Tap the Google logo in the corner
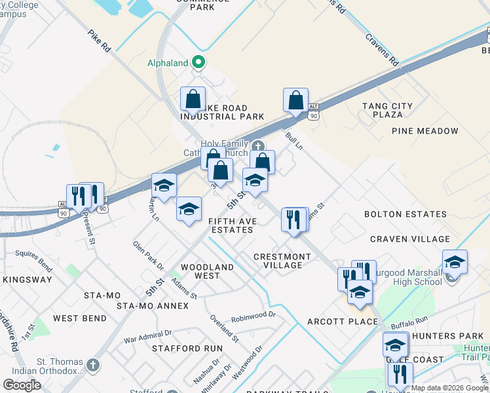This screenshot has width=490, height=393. pyautogui.click(x=22, y=385)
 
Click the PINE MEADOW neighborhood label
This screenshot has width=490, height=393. pyautogui.click(x=425, y=131)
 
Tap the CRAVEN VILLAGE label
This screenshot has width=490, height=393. pyautogui.click(x=410, y=239)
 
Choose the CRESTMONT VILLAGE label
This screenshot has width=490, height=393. pyautogui.click(x=282, y=261)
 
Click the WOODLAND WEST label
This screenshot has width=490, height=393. pyautogui.click(x=207, y=271)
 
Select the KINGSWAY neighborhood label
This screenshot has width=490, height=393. pyautogui.click(x=27, y=280)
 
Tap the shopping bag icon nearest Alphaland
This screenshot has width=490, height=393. pyautogui.click(x=193, y=100)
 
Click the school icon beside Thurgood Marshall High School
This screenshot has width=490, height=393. pyautogui.click(x=455, y=262)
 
